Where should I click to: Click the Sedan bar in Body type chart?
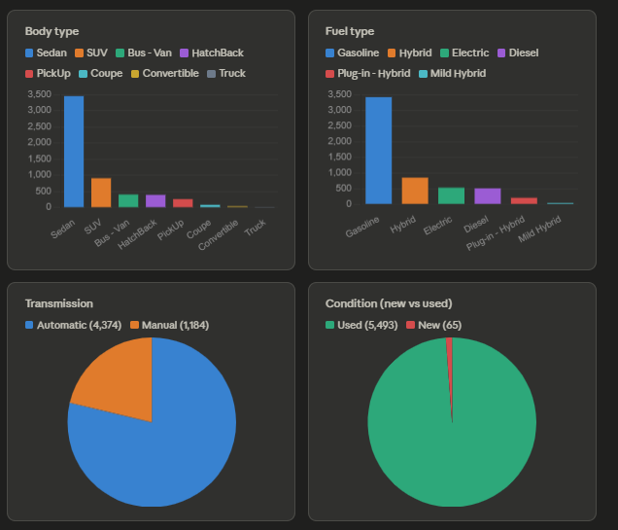(x=74, y=152)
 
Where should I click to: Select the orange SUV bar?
(x=101, y=193)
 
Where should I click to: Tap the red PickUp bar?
(x=183, y=203)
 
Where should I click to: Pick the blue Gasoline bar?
(x=378, y=150)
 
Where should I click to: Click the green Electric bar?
(x=451, y=195)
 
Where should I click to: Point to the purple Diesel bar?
(x=488, y=196)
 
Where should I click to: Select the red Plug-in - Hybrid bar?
(x=524, y=200)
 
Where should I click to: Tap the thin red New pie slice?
(x=450, y=374)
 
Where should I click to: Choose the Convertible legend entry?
(x=165, y=73)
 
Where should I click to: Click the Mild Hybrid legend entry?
(x=452, y=73)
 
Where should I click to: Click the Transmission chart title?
(x=59, y=303)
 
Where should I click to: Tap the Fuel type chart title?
(x=350, y=31)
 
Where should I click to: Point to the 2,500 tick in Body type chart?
(x=40, y=126)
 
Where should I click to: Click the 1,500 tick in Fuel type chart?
(x=340, y=157)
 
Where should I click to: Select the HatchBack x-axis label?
(x=137, y=234)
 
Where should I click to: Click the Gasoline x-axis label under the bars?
(x=362, y=227)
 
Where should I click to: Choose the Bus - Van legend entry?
(x=144, y=53)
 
